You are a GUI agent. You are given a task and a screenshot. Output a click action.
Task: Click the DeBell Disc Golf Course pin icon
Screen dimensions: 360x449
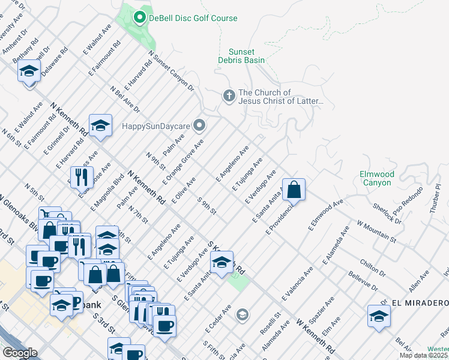(140, 18)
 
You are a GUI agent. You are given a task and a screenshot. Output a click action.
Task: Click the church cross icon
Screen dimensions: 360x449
(228, 96)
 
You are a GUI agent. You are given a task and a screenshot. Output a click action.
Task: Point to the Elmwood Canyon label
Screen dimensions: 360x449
(376, 178)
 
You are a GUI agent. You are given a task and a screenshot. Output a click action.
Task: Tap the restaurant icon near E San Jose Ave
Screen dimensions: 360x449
(80, 176)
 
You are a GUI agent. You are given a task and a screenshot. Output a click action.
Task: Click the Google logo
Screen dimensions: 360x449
(19, 353)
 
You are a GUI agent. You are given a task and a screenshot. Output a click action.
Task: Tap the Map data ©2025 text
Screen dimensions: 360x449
(423, 355)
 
